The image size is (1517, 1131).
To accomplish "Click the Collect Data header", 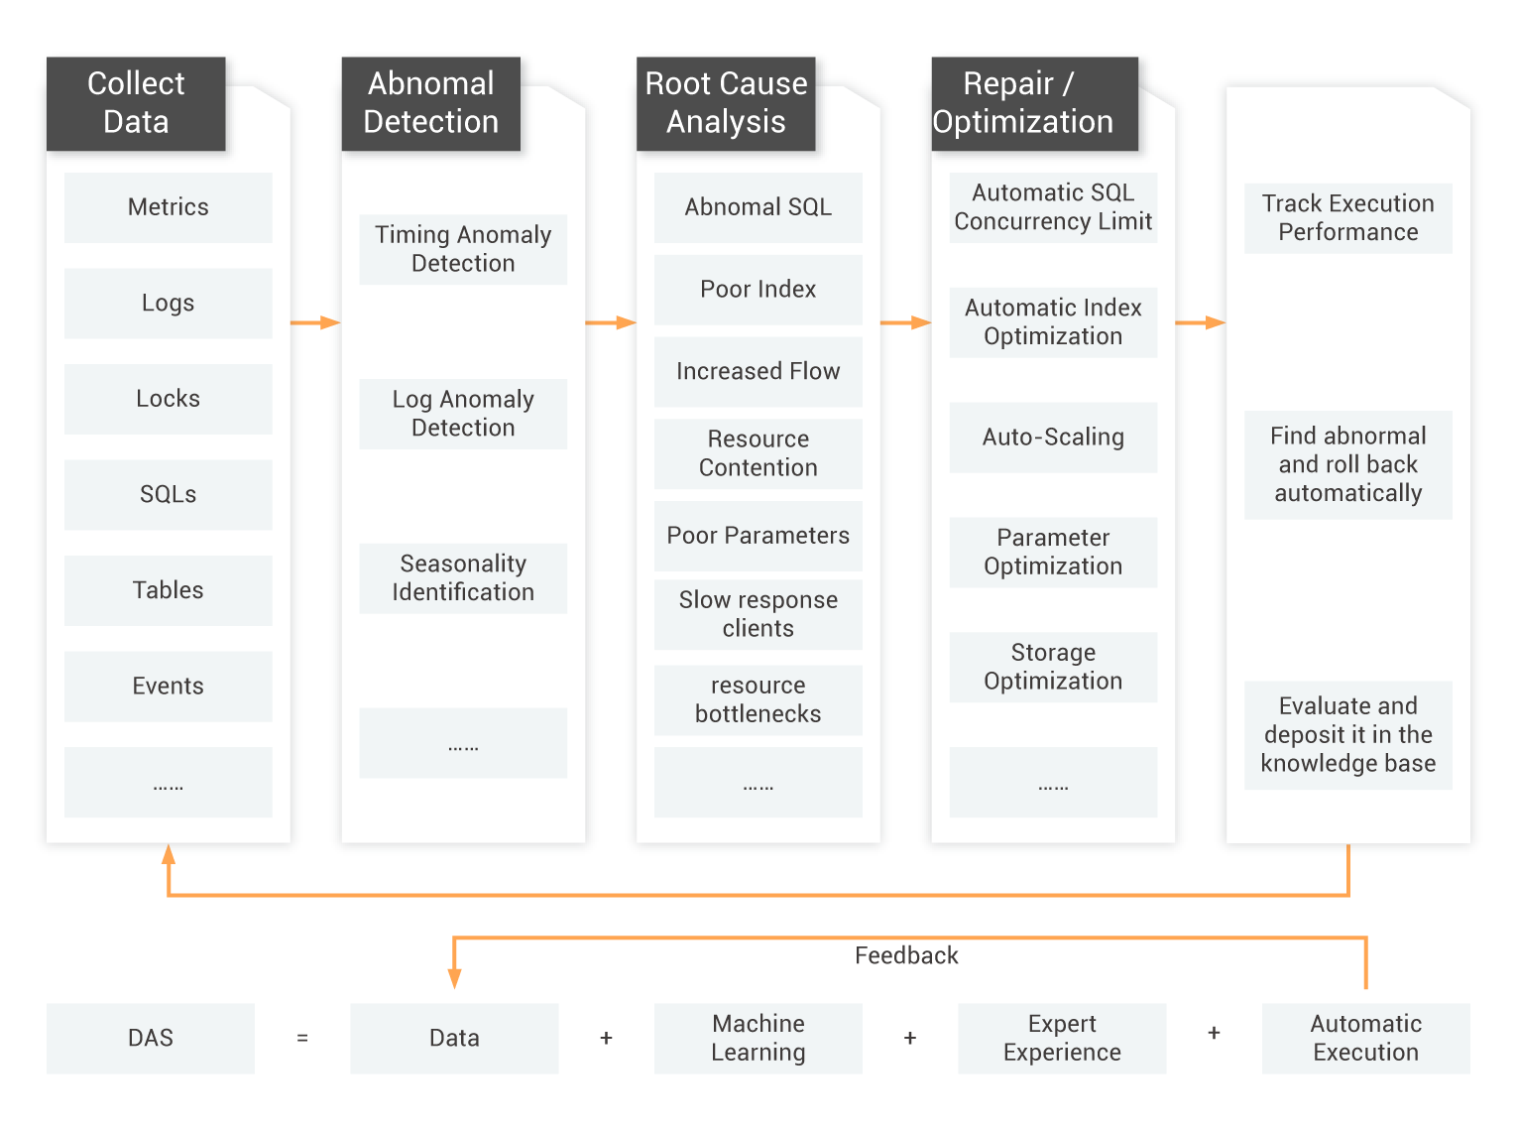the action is [x=136, y=103].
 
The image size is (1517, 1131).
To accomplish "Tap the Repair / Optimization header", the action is [x=1034, y=103].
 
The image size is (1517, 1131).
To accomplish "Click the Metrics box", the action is [x=169, y=207].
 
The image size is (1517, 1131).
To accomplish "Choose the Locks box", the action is [x=169, y=399].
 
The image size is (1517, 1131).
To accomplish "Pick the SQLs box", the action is [x=169, y=495].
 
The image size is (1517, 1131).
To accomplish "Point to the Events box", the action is [x=169, y=687].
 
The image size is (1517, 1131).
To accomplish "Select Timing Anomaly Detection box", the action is [x=463, y=249].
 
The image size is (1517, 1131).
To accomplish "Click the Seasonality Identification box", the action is [x=463, y=578].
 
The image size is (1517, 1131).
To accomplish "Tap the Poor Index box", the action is [x=758, y=290].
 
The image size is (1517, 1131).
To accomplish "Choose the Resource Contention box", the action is [x=758, y=454].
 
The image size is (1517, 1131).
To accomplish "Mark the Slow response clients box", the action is [x=758, y=615].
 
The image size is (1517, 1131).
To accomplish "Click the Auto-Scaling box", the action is [x=1053, y=438].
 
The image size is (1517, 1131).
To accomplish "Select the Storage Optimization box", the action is [x=1053, y=668].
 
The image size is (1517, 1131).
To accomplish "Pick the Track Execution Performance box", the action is [x=1348, y=218].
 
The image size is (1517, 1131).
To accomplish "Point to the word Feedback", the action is [x=906, y=955].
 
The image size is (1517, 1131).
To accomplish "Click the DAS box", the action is [x=151, y=1039].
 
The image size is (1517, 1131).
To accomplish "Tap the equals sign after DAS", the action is [x=302, y=1039].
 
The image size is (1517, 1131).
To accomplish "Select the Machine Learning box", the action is [x=758, y=1039].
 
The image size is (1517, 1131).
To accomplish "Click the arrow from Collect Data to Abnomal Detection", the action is [x=315, y=322].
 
